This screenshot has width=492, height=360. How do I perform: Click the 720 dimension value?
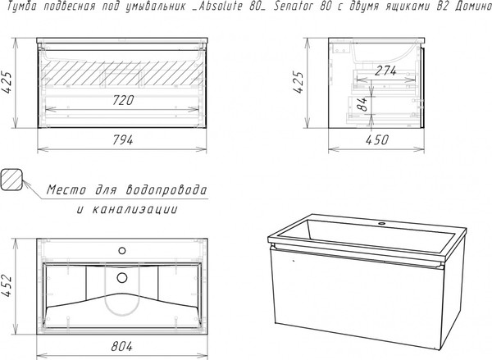(x=123, y=100)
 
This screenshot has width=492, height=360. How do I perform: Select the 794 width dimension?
(x=123, y=140)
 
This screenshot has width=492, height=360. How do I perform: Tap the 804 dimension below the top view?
(x=121, y=346)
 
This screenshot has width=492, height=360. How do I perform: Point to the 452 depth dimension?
(x=7, y=286)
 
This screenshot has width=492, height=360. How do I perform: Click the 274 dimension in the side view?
(x=385, y=71)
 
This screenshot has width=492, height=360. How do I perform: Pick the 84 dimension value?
(x=362, y=104)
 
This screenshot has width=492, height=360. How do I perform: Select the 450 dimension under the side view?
(x=377, y=140)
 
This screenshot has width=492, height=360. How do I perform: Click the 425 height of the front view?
(x=7, y=83)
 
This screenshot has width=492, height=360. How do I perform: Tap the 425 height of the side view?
(x=298, y=83)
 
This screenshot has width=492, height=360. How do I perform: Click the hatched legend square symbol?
(x=11, y=180)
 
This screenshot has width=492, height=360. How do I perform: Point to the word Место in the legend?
(x=66, y=190)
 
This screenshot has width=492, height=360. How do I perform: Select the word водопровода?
(x=166, y=190)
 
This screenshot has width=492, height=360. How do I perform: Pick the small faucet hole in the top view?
(x=122, y=250)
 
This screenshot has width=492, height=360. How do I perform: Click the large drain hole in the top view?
(x=122, y=277)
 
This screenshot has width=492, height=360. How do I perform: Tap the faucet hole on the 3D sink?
(x=382, y=224)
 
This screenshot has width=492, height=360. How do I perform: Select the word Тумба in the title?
(x=21, y=7)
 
